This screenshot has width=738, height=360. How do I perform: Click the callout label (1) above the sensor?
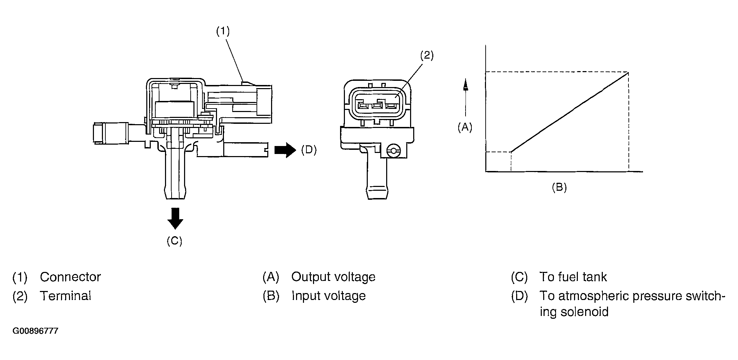coord(223,32)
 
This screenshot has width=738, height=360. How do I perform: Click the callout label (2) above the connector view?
coord(427,55)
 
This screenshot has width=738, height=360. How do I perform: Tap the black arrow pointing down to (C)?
coord(175,218)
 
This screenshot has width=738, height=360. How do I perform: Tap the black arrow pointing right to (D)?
coord(285,150)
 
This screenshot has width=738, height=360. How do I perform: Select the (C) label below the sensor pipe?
coord(174,241)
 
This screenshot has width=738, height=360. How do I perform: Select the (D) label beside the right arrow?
coord(309,150)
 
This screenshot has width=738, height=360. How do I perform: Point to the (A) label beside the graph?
coord(465,128)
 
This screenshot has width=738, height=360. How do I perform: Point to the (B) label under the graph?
coord(559,188)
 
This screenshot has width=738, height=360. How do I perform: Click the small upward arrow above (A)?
coord(465,85)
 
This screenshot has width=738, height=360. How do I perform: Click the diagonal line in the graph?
coord(570,112)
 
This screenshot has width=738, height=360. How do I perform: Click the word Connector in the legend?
coord(70,277)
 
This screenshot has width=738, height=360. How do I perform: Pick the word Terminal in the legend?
coord(65,296)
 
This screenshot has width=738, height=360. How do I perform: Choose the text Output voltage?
coord(333,277)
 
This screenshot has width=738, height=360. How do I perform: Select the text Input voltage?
coord(329,296)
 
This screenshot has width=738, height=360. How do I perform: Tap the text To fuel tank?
coord(573,277)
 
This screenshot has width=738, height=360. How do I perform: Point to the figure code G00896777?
coord(35,331)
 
